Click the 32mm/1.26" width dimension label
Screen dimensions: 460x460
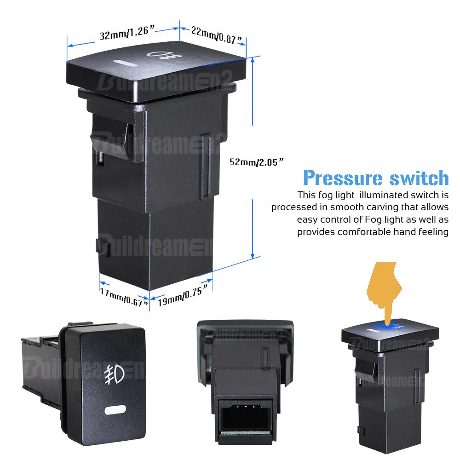(x=127, y=33)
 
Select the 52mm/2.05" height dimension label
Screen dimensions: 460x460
(x=257, y=162)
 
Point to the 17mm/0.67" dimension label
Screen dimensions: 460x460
(x=124, y=297)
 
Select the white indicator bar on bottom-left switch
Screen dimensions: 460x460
(x=115, y=410)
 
